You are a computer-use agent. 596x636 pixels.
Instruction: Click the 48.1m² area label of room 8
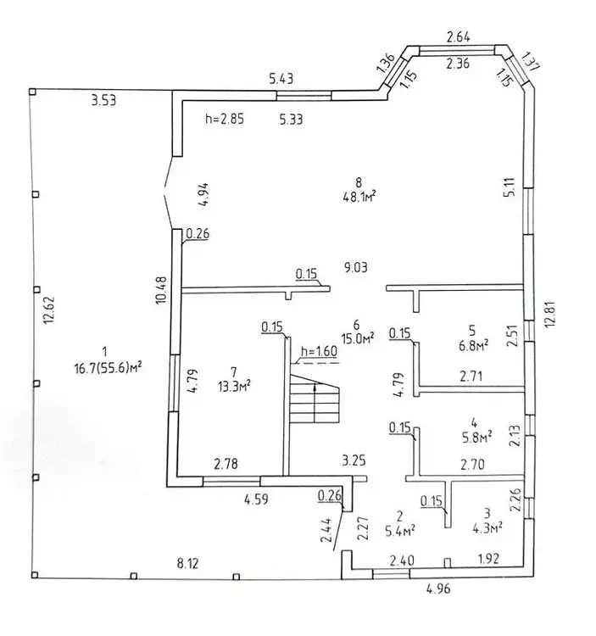tap(359, 195)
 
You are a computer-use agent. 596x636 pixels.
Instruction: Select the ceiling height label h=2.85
tap(225, 120)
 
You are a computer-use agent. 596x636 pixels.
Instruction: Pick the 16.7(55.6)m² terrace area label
tap(107, 366)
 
